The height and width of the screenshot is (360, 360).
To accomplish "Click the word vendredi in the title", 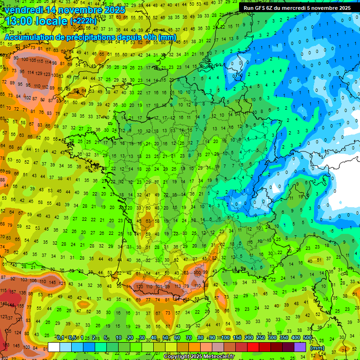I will coord(23,10).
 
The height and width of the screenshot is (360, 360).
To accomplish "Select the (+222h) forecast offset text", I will coord(83,21).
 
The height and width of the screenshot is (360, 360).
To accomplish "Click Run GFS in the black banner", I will coord(255,8).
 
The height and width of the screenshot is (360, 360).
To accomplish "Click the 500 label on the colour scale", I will coord(307,338).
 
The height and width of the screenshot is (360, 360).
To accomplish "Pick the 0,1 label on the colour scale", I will coord(60,338).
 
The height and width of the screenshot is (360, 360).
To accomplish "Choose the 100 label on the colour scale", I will coord(225,338).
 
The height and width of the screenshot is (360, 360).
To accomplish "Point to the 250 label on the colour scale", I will coord(261,338).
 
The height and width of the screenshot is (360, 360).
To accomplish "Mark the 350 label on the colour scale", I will coord(284,338).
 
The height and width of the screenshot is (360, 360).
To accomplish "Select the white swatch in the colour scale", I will coord(54,347).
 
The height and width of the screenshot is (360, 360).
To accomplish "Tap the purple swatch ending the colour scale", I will coord(300,347).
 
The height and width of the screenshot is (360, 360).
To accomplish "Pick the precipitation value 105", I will coord(33,60).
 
